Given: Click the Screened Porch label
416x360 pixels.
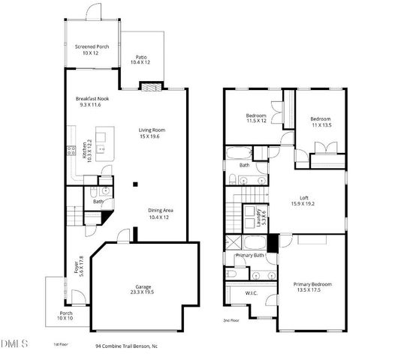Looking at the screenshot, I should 92,50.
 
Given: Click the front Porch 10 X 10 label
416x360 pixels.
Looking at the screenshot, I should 67,316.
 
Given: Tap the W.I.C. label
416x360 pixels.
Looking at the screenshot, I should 251,293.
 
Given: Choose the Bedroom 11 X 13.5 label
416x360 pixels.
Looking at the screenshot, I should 321,122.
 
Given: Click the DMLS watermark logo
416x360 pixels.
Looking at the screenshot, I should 14,344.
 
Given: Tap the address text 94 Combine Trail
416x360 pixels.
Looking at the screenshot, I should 126,346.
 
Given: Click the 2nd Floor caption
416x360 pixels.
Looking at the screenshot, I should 231,320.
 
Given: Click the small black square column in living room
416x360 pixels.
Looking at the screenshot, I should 135,184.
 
